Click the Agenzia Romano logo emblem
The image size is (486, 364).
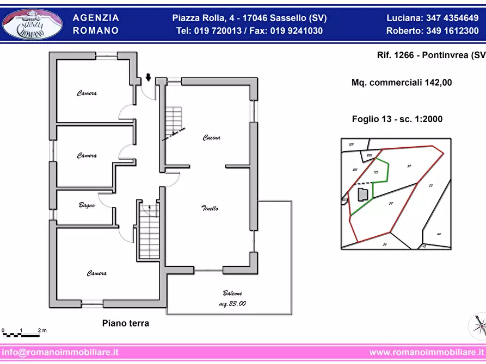(32, 24)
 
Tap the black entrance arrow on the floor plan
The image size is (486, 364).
(149, 78)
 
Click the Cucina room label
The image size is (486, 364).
(211, 138)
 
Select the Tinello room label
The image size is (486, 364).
(210, 209)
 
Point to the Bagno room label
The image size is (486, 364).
(87, 205)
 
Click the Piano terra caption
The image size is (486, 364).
(126, 323)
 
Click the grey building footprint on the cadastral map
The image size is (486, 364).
(361, 193)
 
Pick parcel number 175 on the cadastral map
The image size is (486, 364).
(376, 172)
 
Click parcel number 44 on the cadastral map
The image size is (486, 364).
(439, 234)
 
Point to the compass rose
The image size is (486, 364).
(478, 325)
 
